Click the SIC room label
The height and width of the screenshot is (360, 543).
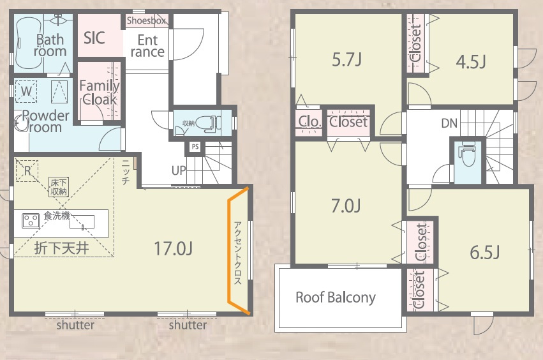point(94,38)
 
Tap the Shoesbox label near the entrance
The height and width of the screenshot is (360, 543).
point(147,20)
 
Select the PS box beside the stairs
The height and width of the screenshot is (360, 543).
point(195,147)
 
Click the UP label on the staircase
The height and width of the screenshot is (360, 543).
point(179,170)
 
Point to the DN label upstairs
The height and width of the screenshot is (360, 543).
point(449,123)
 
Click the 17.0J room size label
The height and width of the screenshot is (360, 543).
point(173,248)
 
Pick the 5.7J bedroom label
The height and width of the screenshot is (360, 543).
point(347,59)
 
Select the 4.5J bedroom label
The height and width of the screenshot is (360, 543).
point(471,62)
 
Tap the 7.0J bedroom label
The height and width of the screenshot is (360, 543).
point(346,206)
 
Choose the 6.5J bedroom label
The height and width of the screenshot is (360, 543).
point(485,252)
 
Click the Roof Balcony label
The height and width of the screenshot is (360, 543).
point(336,297)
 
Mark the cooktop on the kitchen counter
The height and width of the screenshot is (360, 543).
point(31,221)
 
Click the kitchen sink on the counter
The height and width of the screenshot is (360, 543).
point(82,221)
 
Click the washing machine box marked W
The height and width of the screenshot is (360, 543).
point(26,91)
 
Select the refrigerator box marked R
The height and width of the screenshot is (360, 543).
point(27,170)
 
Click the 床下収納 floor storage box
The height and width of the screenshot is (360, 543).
point(59,187)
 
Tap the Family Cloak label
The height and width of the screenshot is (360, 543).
point(100,93)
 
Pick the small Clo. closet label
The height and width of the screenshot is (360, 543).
point(309,122)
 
